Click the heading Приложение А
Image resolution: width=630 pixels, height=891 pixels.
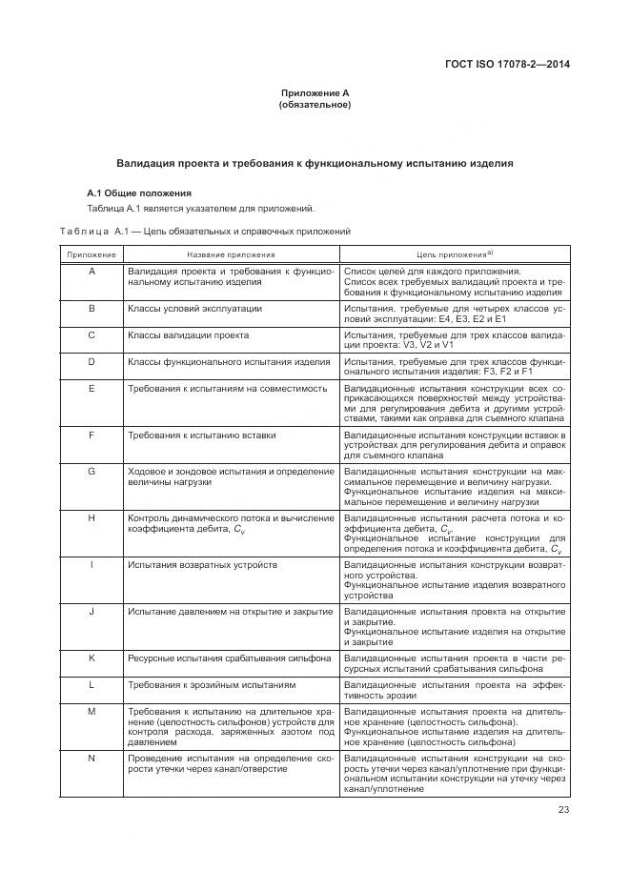click(315, 92)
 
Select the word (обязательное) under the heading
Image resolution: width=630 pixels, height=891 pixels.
click(315, 105)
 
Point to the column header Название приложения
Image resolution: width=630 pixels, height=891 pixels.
click(231, 255)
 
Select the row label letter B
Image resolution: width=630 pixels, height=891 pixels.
click(91, 309)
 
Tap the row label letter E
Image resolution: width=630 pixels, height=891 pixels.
click(91, 389)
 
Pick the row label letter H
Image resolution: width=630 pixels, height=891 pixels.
click(91, 517)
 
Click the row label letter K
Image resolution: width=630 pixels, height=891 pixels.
click(91, 658)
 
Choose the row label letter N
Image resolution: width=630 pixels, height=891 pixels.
click(91, 757)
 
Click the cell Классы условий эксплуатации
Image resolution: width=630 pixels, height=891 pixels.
click(195, 309)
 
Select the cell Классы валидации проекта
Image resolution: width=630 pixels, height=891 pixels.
click(188, 335)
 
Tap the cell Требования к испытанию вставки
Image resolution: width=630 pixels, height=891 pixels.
click(202, 435)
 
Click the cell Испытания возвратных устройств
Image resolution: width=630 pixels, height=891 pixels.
click(202, 565)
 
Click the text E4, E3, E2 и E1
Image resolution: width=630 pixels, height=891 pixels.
click(453, 318)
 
